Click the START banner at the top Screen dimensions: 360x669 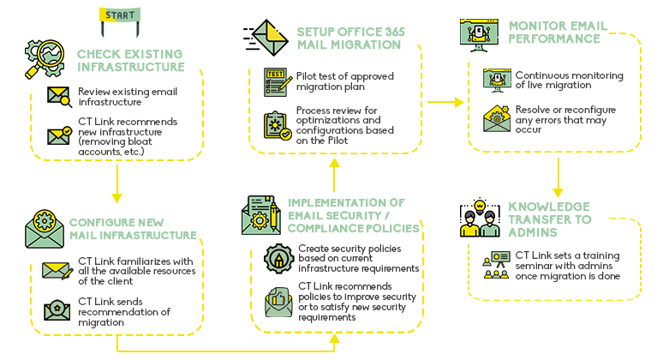point(120,15)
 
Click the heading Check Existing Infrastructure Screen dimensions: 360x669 point(130,60)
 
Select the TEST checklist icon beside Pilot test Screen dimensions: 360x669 point(276,81)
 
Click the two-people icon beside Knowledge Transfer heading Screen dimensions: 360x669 point(480,219)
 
